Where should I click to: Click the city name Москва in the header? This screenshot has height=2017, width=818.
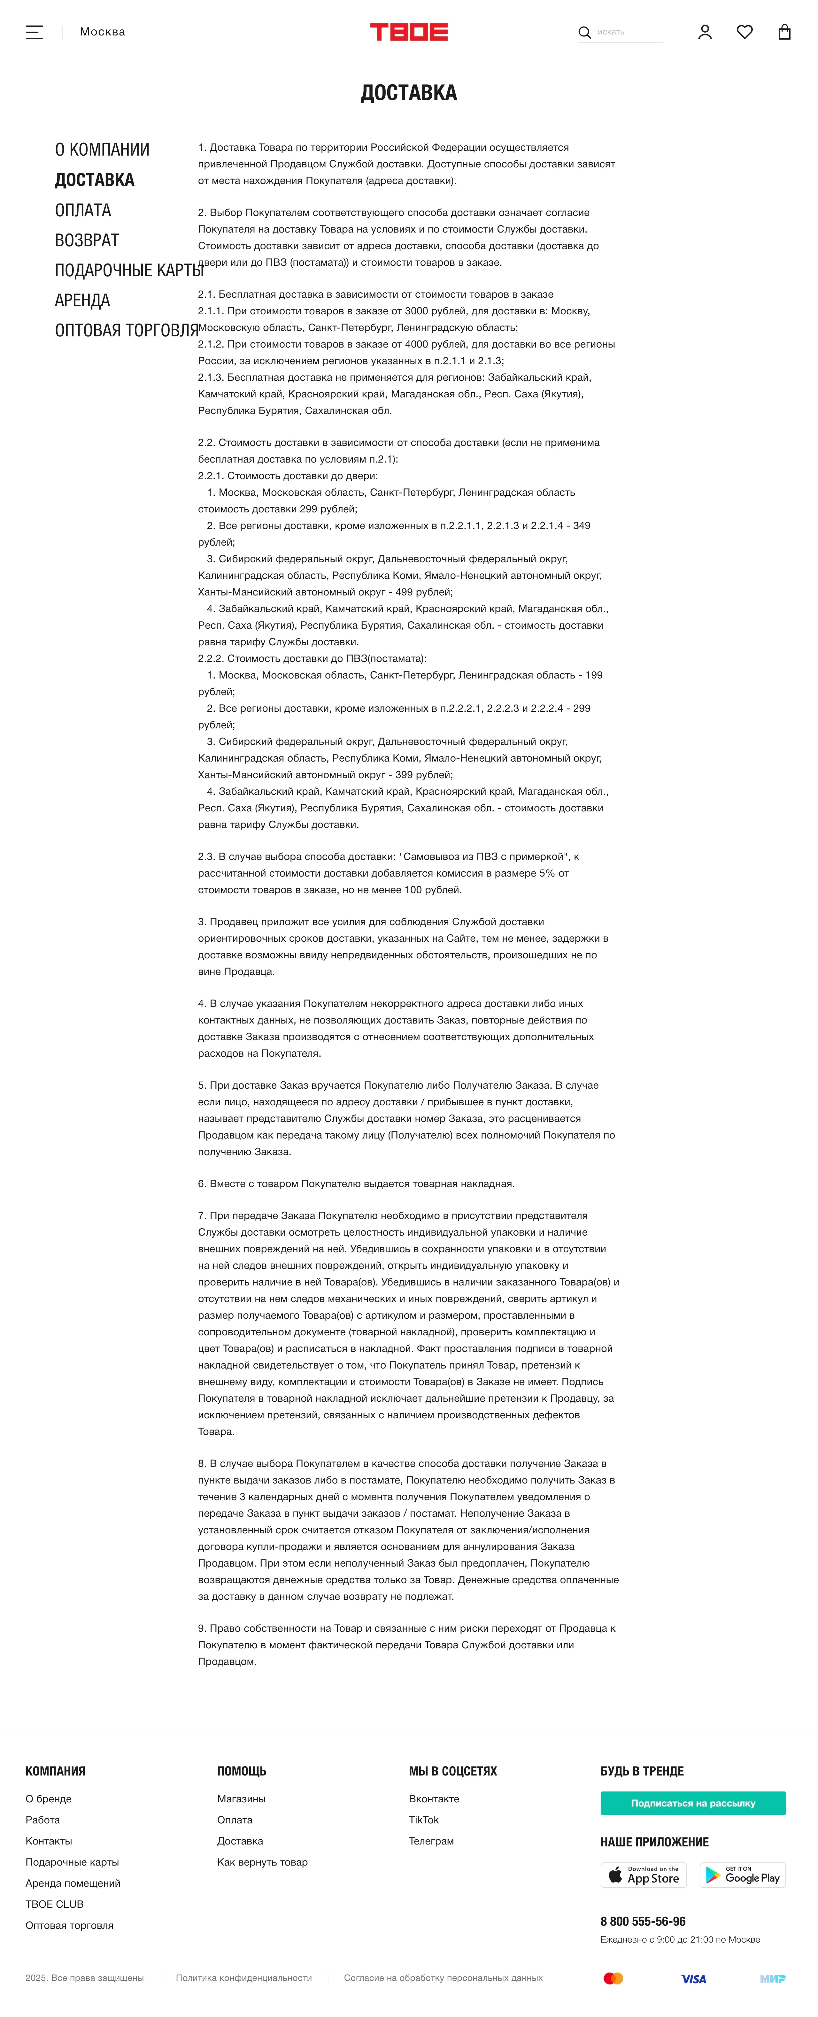point(103,32)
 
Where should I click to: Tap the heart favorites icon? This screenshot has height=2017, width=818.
point(745,32)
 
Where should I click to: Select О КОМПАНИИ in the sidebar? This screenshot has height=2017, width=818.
point(102,150)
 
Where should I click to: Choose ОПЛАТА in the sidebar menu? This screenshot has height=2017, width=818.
point(83,210)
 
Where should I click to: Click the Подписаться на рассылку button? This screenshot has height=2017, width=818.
point(693,1802)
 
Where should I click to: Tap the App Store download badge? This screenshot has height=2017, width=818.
point(643,1875)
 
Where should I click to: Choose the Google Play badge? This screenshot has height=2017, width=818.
point(742,1875)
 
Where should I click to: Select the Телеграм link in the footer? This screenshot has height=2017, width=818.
point(431,1841)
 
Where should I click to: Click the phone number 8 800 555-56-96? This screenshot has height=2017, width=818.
point(643,1921)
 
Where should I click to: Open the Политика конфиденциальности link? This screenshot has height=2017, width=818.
point(244,1978)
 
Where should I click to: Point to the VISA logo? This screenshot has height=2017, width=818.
point(693,1979)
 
